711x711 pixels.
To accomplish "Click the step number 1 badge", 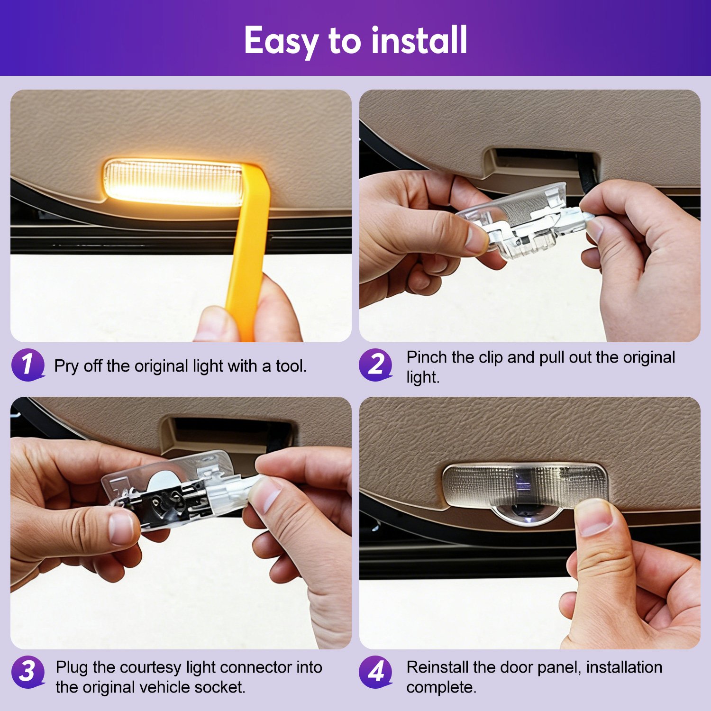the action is [28, 365].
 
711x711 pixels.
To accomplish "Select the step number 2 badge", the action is [376, 365].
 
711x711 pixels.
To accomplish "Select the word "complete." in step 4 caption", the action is [441, 688].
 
